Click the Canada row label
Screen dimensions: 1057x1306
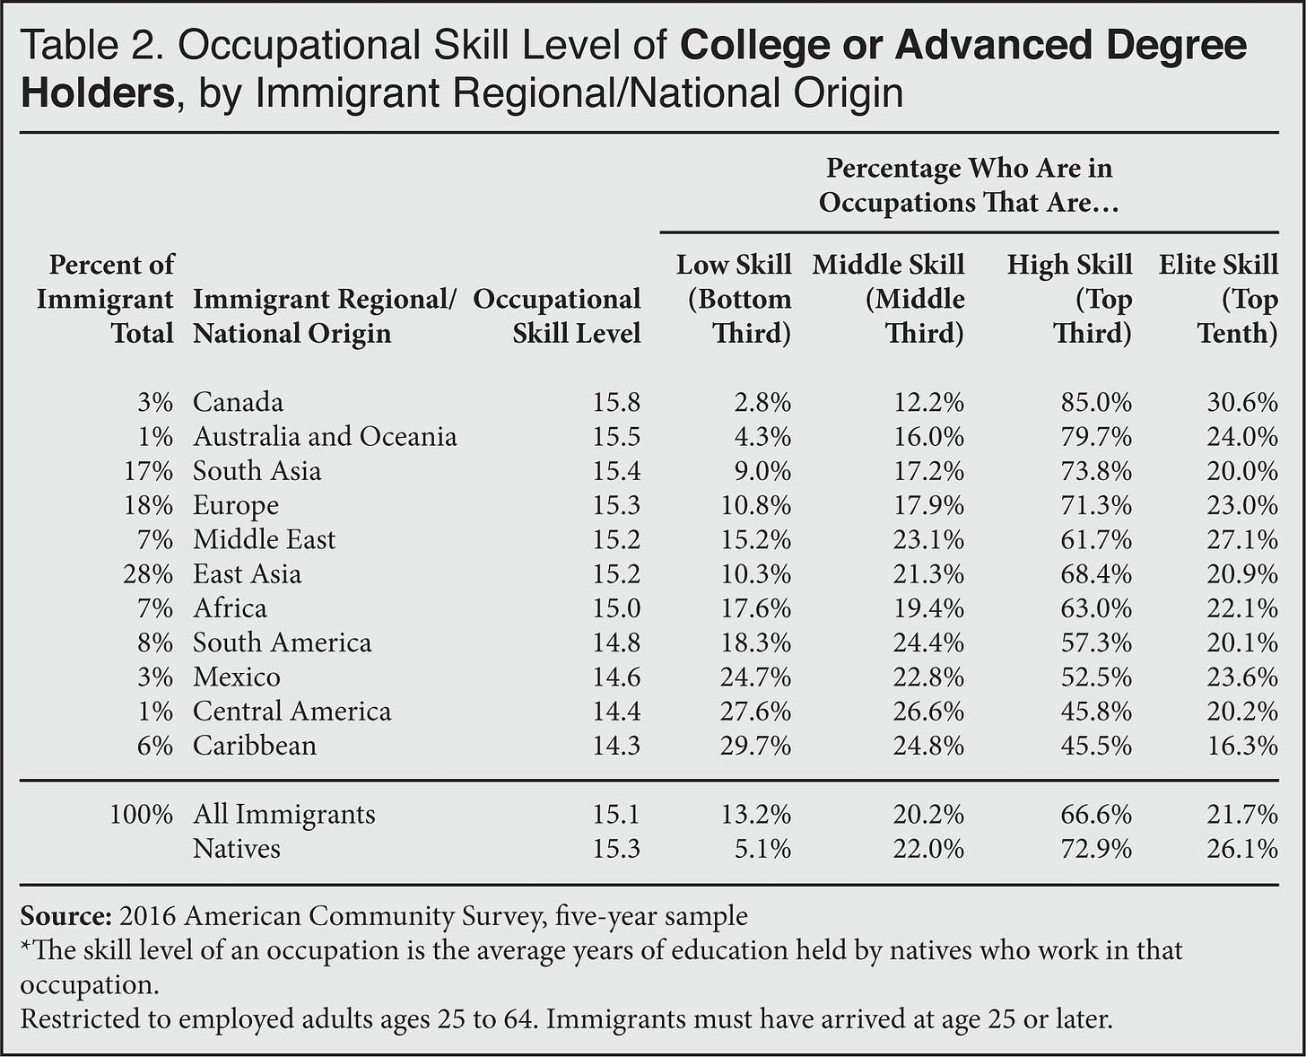[x=238, y=402]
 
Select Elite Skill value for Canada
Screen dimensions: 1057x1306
[x=1242, y=402]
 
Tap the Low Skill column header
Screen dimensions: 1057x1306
[x=734, y=299]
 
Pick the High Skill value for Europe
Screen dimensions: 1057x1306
[x=1096, y=505]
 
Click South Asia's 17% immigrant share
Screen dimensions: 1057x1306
[x=148, y=471]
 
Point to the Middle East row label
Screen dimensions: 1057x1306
[x=264, y=539]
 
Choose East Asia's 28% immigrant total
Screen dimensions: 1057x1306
[x=148, y=574]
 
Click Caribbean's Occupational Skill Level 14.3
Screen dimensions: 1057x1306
[x=616, y=746]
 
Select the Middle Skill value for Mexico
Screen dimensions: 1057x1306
[x=928, y=677]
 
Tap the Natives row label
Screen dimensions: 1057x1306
[x=236, y=849]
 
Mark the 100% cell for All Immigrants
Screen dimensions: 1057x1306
[x=141, y=815]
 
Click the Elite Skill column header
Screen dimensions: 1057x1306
[x=1218, y=299]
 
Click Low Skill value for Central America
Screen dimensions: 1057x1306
[x=755, y=712]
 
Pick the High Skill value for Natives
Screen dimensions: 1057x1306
[x=1096, y=849]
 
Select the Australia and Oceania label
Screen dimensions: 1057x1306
[x=325, y=437]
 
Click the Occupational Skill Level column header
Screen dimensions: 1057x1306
[x=557, y=316]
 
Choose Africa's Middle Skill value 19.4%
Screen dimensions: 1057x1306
[x=928, y=608]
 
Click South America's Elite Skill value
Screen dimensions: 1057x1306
[x=1242, y=642]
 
